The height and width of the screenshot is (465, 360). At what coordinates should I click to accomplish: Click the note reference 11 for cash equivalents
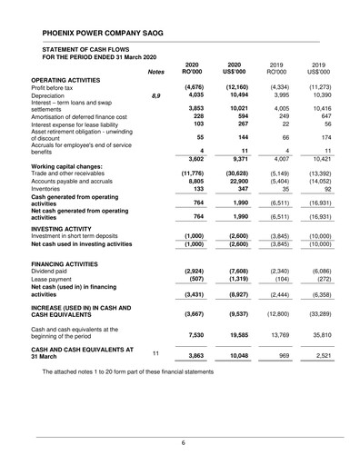155,352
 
